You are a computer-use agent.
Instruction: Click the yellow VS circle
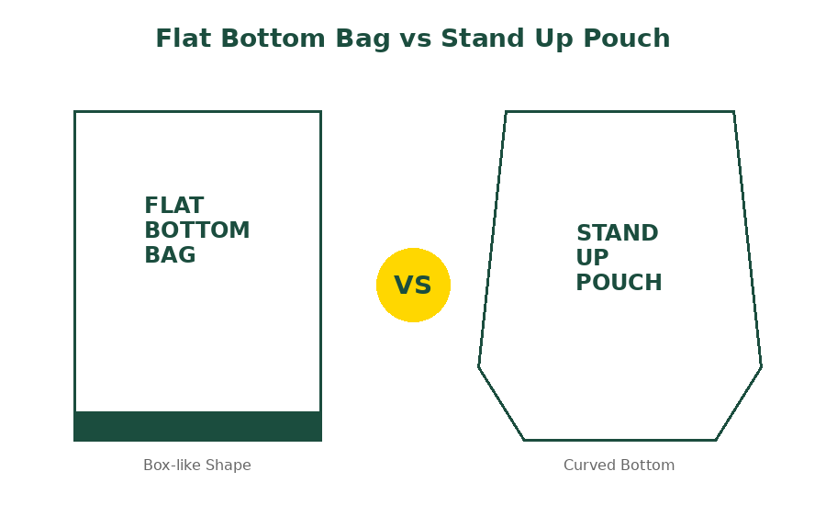tap(414, 286)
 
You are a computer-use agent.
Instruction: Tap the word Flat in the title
tap(184, 39)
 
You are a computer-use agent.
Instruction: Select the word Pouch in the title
tap(626, 39)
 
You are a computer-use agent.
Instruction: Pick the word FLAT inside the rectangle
tap(173, 205)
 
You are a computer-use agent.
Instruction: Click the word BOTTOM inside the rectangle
tap(197, 230)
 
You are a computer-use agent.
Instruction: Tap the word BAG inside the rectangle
tap(170, 254)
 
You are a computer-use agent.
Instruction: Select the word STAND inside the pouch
tap(618, 233)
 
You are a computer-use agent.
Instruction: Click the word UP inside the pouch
tap(592, 258)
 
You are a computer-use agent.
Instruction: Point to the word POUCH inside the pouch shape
tap(619, 283)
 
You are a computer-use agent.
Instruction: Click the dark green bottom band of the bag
tap(197, 426)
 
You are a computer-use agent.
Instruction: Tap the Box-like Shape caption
tap(197, 465)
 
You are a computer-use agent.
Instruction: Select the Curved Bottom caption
tap(619, 465)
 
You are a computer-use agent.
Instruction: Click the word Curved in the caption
tap(587, 465)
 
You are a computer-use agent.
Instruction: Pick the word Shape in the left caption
tap(229, 466)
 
